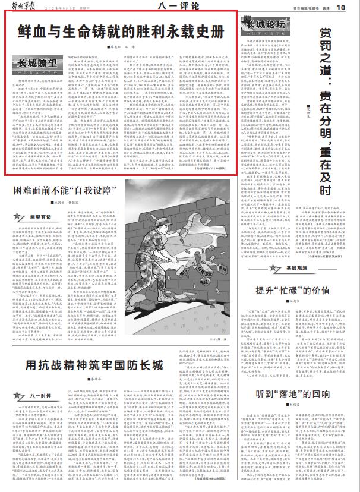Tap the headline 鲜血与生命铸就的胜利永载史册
(121, 29)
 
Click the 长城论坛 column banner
(266, 26)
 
